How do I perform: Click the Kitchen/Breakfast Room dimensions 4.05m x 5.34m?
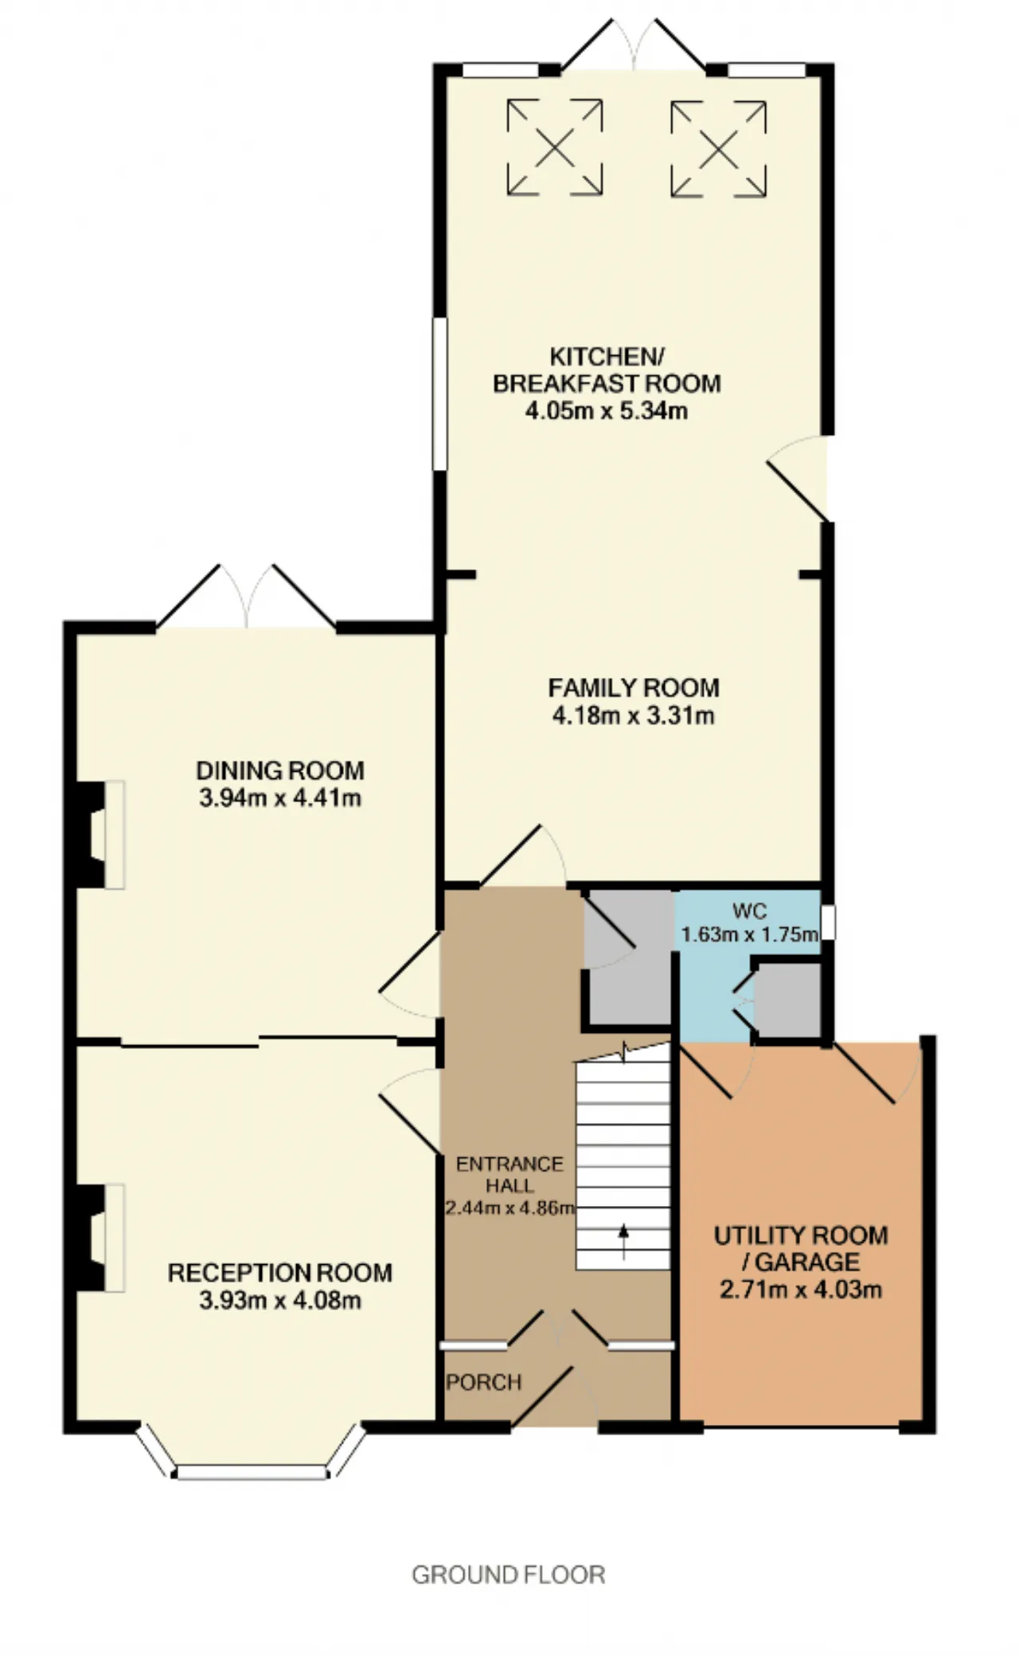click(607, 411)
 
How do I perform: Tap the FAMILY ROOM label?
click(634, 687)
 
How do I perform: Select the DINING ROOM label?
click(280, 770)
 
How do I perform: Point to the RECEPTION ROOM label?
click(280, 1272)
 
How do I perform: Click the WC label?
click(749, 910)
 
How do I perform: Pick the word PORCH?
click(484, 1382)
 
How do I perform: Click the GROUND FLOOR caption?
click(509, 1575)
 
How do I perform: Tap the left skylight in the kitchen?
click(555, 147)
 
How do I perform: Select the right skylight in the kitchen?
click(719, 148)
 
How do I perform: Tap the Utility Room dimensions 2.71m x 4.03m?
click(801, 1289)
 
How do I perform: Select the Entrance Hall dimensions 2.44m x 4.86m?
click(509, 1208)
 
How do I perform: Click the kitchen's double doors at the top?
click(634, 46)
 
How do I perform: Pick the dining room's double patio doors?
click(247, 597)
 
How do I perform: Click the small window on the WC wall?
click(829, 922)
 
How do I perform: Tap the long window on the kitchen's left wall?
click(439, 393)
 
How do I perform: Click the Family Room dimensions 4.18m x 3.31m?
click(634, 715)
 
